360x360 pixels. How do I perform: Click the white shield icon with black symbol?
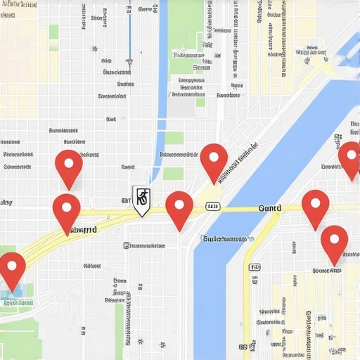[x=142, y=200]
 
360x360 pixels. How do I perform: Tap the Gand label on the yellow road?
[x=270, y=208]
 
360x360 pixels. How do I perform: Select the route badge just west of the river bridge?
[x=212, y=207]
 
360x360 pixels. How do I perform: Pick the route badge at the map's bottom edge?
[x=243, y=347]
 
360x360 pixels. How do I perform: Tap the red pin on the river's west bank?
[x=214, y=162]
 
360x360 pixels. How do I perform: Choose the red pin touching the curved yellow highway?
[x=67, y=213]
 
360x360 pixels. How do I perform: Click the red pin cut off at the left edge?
[x=11, y=271]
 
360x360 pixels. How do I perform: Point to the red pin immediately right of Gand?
[x=316, y=208]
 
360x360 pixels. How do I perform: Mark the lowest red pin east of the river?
[x=334, y=244]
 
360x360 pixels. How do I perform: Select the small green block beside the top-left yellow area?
[x=53, y=32]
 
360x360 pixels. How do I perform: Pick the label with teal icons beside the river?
[x=225, y=239]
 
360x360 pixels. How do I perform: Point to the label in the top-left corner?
[x=19, y=4]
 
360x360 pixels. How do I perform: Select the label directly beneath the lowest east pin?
[x=328, y=270]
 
